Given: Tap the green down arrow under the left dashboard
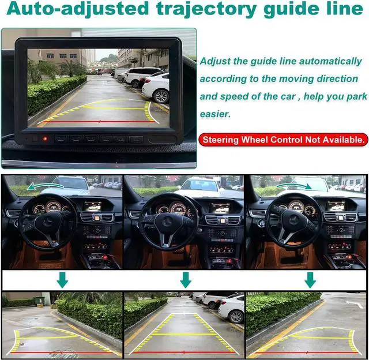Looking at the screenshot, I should point(62,280).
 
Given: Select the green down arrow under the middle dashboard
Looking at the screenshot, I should point(185,280).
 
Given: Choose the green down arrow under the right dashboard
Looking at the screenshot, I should point(310,280).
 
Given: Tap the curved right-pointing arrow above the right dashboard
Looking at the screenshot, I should point(293,186).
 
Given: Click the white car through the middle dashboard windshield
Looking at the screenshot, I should point(198,185).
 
